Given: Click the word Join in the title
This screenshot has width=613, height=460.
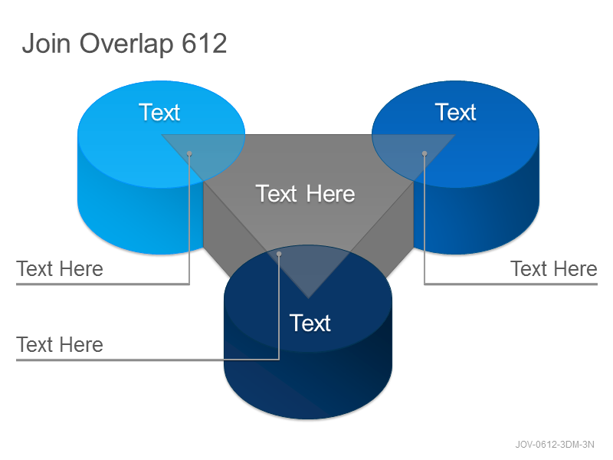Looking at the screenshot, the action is (46, 43).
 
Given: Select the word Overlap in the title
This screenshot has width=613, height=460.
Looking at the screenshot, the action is (126, 44).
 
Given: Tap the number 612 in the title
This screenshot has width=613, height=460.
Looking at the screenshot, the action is (205, 43).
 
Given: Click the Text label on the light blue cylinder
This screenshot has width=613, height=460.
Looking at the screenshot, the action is (159, 112).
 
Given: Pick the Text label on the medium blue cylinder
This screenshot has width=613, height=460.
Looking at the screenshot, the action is (455, 112).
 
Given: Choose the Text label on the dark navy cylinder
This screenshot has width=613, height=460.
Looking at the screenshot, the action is (310, 323).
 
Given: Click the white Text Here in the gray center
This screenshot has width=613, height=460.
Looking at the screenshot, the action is (305, 194).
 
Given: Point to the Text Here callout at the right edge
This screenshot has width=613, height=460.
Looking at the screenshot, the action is (554, 269).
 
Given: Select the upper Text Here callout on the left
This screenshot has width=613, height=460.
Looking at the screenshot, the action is (60, 269).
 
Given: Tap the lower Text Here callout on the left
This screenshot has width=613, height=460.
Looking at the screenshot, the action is (60, 344).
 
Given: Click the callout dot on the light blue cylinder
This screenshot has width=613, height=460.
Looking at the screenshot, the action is (189, 153).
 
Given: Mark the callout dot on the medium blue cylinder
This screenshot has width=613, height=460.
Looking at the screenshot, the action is (425, 153).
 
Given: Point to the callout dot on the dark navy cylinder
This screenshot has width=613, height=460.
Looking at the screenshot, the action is (279, 254).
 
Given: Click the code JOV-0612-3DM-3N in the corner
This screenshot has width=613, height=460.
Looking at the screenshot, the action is (555, 445).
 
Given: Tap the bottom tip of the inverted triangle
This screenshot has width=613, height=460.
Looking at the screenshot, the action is (308, 298).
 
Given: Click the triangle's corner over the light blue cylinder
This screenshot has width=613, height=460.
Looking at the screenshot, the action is (162, 135).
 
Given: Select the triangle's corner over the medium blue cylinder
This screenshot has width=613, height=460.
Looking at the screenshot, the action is (454, 135).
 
